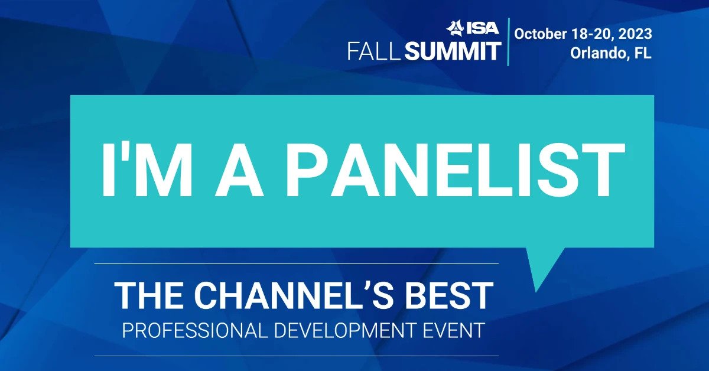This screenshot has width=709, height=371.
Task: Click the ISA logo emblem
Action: coord(455,28)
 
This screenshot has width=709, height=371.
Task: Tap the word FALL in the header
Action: coord(374,51)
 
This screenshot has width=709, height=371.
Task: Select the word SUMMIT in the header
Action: coord(453,51)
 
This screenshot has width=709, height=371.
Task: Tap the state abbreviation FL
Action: coord(643,53)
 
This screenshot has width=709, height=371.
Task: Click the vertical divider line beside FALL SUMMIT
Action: coord(508,41)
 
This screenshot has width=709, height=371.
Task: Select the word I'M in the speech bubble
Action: coord(147,170)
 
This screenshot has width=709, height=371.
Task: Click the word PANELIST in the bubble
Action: coord(455,170)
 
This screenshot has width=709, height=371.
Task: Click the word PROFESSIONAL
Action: coord(193,330)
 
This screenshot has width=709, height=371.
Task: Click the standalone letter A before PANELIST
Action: coord(239,170)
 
